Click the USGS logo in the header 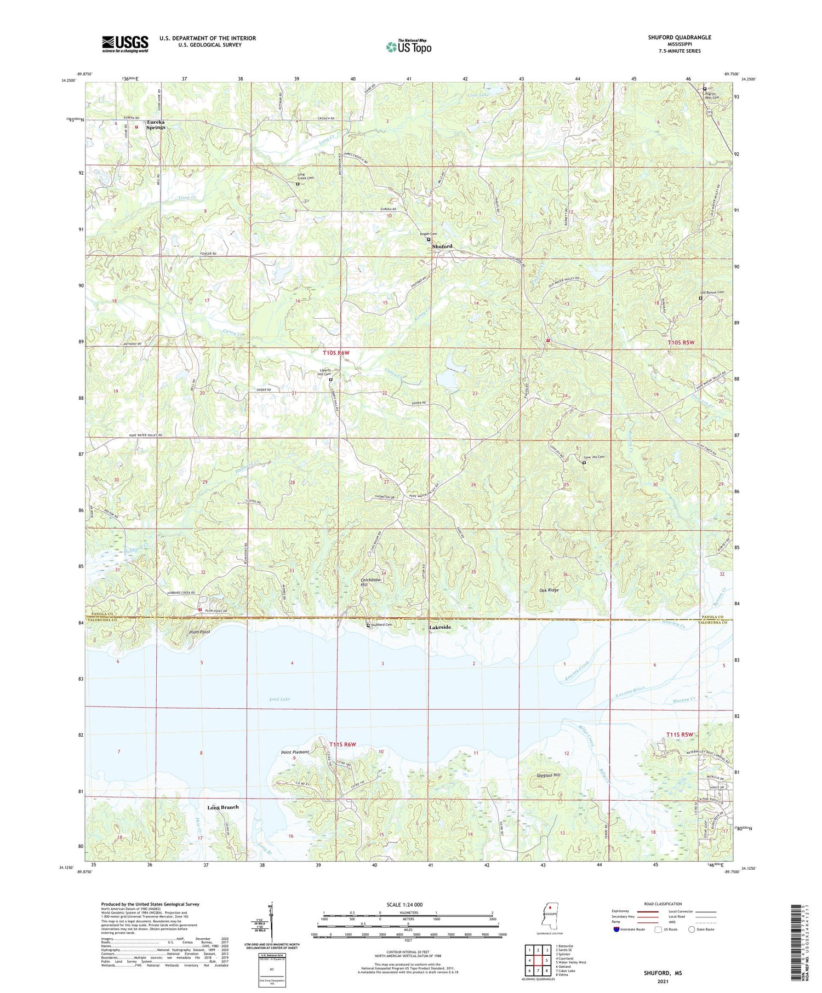click(125, 44)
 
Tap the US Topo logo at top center click(409, 47)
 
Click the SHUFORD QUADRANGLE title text click(679, 37)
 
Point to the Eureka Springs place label click(156, 124)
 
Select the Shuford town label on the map click(442, 246)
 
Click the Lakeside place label click(439, 628)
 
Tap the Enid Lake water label click(280, 699)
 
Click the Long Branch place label click(222, 807)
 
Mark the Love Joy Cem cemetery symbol click(584, 463)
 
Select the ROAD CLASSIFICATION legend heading click(663, 904)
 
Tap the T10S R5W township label click(681, 342)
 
